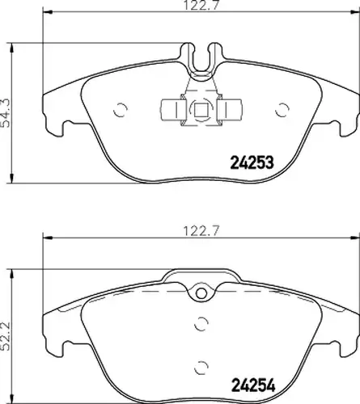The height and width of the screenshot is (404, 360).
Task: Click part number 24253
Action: [252, 162]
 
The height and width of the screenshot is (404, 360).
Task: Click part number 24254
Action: [253, 385]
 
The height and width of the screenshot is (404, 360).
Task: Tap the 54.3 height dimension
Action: [6, 113]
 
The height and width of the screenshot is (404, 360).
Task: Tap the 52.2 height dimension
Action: [6, 336]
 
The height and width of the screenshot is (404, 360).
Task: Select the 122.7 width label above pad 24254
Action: [201, 231]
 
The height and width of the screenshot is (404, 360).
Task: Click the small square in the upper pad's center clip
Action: [200, 109]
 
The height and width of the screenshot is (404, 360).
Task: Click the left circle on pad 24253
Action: [121, 110]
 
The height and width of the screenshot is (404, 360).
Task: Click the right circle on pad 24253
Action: [282, 110]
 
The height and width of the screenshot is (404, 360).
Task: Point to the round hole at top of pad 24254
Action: [201, 293]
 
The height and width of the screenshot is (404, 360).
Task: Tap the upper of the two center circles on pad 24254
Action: [201, 323]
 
